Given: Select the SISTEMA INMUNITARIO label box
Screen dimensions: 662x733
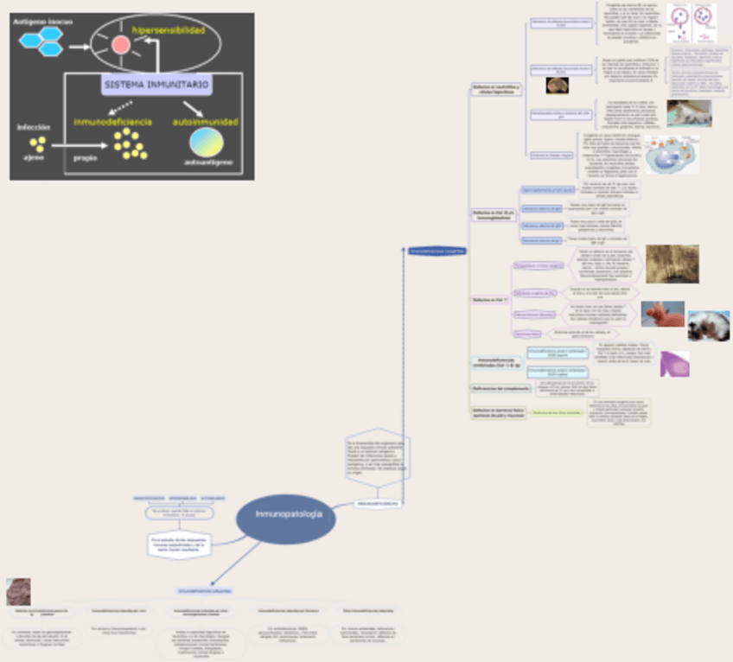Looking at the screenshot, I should coord(156,86).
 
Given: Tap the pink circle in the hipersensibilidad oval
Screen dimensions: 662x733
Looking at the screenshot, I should coord(119,45).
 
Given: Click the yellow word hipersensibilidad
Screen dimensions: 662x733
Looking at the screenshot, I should coord(169,31).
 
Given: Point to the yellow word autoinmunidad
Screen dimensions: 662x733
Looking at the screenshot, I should coord(206,122).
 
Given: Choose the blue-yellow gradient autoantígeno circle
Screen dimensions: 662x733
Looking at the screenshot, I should coord(206,142).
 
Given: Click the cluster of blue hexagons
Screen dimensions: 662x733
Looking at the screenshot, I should coord(42,40).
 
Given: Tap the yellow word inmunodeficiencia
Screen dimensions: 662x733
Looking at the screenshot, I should coord(112,122).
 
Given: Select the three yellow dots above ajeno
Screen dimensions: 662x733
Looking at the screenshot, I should coord(37,144).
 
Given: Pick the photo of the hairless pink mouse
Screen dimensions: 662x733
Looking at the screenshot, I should coord(662,313).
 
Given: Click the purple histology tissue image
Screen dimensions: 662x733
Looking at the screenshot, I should coord(674,363).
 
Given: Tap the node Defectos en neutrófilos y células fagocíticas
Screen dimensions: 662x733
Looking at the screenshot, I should coord(496,88).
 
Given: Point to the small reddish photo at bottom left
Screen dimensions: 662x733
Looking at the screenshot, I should coord(18,591).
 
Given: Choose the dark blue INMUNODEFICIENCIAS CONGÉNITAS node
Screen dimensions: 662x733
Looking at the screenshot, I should coord(437,251).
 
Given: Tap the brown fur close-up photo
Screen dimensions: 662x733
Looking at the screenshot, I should coord(672,264).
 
